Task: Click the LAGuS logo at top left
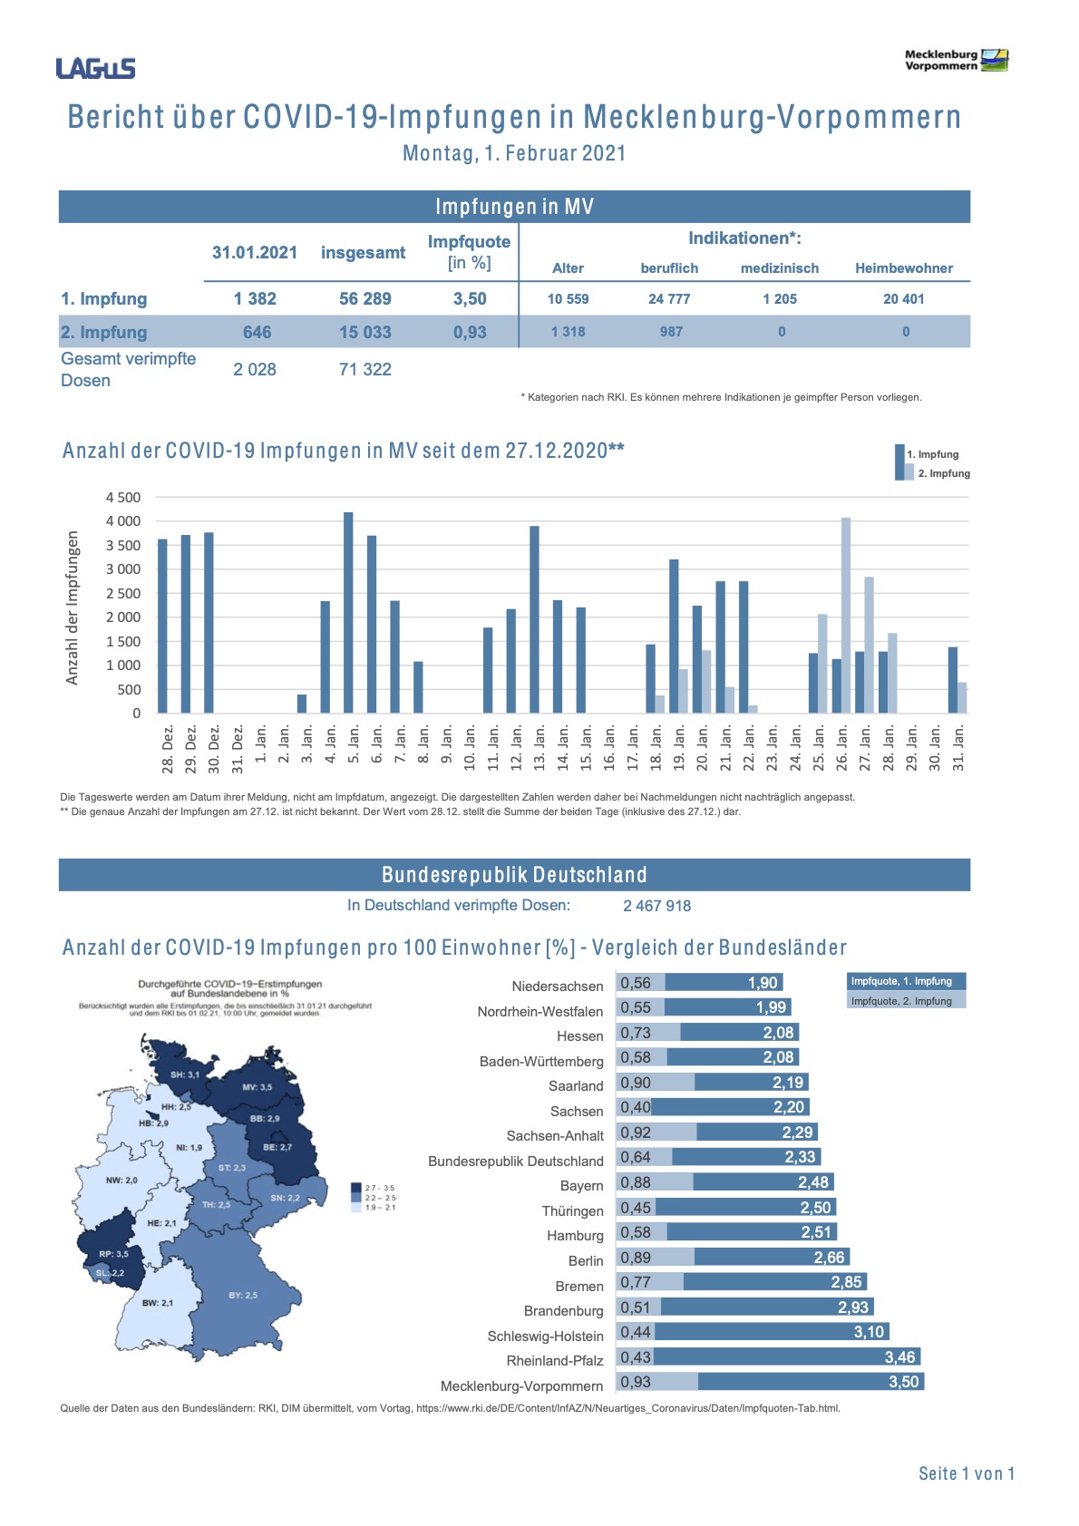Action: coord(95,68)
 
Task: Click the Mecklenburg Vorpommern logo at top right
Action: coord(956,60)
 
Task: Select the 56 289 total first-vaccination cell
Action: coord(365,298)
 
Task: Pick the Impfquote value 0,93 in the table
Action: coord(470,332)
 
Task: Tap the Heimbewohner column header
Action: coord(903,268)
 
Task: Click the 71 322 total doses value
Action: coord(365,369)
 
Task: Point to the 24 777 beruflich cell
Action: coord(669,298)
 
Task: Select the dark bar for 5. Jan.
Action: coord(348,612)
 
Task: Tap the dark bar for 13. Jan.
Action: coord(535,619)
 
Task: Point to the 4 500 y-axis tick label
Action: coord(123,497)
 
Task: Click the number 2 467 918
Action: coord(656,905)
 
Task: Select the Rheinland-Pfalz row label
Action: coord(554,1360)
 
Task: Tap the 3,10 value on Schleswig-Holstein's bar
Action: coord(868,1331)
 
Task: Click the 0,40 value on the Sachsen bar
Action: coord(635,1107)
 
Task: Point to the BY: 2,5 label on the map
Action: coord(243,1295)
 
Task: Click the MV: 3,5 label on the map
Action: coord(257,1086)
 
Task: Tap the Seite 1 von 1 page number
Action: coord(966,1473)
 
